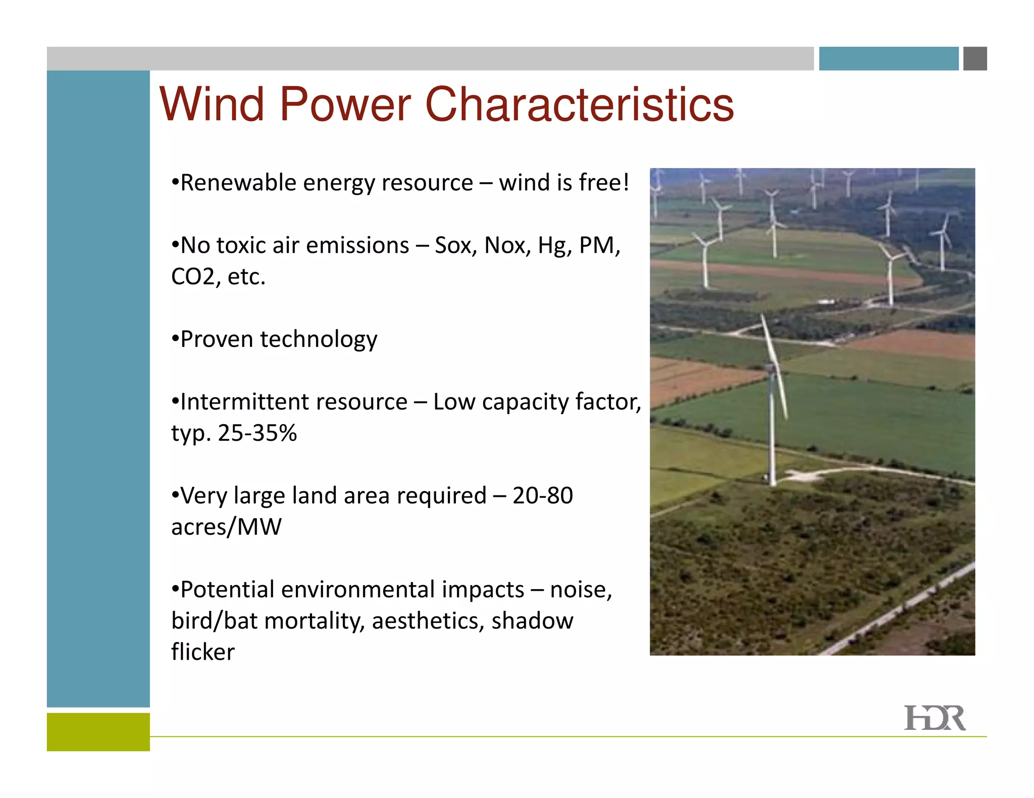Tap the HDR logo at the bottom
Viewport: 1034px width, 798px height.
click(934, 718)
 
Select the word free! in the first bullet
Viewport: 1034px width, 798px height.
click(604, 183)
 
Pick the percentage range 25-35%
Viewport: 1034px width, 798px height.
click(257, 433)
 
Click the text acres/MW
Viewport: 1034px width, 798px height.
click(226, 527)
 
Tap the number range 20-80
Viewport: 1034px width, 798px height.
click(542, 496)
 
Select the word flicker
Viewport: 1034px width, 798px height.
click(202, 652)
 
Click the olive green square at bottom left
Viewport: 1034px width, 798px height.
click(98, 731)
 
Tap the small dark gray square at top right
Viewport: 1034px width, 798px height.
click(974, 59)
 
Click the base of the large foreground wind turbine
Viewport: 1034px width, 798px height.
click(771, 479)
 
